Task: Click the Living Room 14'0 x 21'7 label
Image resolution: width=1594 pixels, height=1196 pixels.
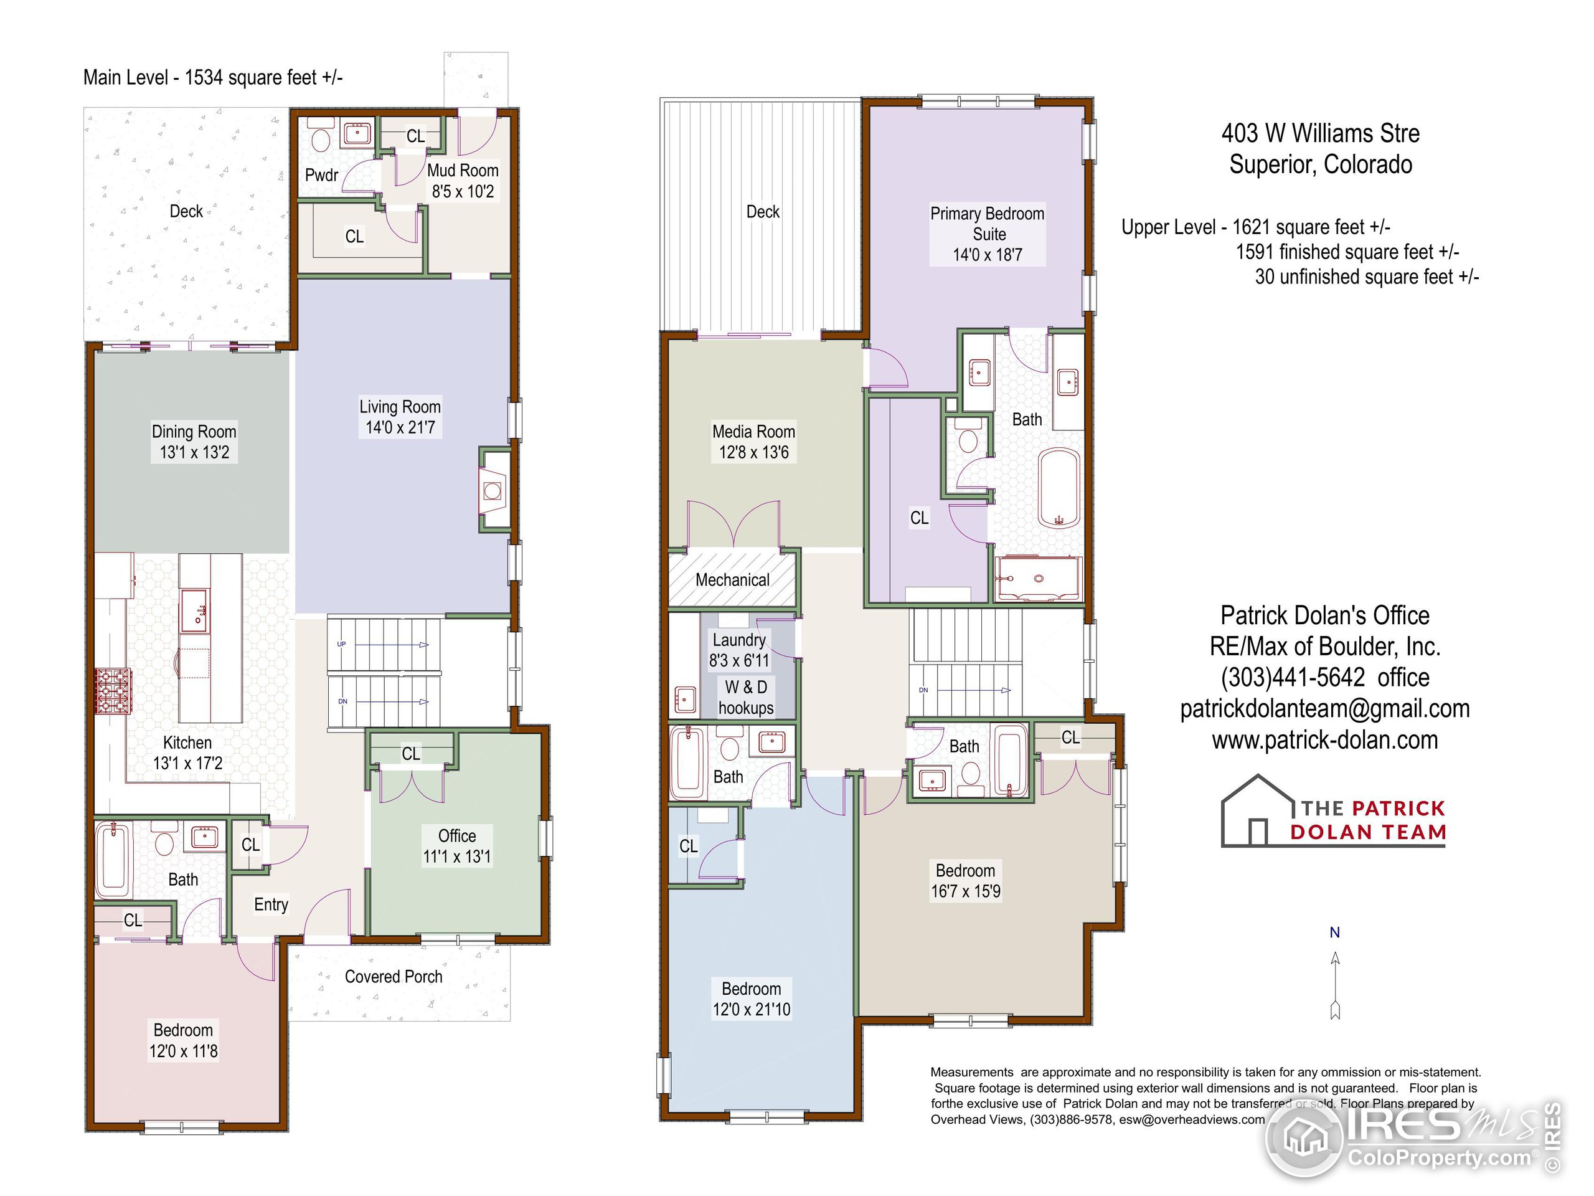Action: coord(400,417)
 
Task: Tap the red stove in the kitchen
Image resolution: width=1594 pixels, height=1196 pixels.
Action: coord(113,691)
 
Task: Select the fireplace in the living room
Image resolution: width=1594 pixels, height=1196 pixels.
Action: coord(494,491)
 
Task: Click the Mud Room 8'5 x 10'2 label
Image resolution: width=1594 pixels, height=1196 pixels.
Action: coord(463,181)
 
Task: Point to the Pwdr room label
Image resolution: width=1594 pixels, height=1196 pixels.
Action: coord(321,175)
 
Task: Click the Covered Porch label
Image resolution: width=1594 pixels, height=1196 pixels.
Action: coord(394,977)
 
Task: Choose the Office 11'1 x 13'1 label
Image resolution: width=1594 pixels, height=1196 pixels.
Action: coord(457,847)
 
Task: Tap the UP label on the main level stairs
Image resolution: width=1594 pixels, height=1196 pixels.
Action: coord(342,643)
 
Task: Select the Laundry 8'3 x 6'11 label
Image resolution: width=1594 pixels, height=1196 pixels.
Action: coord(739,650)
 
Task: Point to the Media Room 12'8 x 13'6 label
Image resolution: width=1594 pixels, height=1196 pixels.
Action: coord(754,442)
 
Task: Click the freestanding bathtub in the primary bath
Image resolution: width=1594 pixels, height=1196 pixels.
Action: coord(1059,489)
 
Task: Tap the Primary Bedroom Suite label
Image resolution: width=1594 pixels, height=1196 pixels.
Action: coord(988,234)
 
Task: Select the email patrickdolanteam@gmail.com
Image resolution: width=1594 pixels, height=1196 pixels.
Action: coord(1324,709)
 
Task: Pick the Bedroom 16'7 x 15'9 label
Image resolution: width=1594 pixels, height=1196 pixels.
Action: coord(966,881)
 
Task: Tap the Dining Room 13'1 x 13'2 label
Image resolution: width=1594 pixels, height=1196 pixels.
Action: coord(194,442)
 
